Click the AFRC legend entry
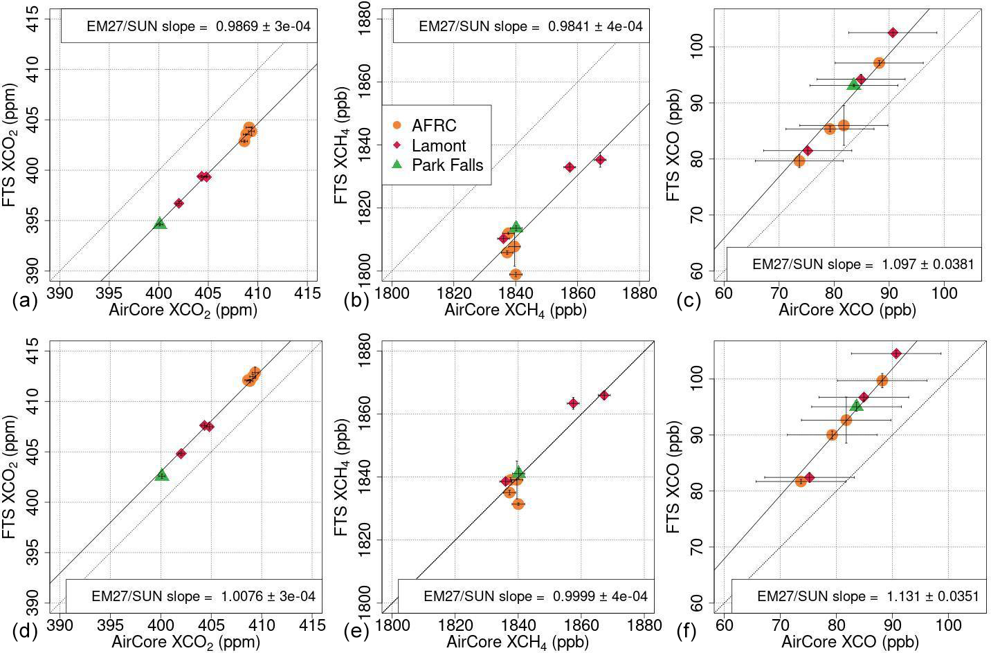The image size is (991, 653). tap(433, 126)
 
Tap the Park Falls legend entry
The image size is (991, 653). tap(446, 165)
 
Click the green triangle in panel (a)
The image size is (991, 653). tap(160, 223)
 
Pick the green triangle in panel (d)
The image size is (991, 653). tap(162, 475)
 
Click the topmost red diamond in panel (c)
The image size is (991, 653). tap(893, 33)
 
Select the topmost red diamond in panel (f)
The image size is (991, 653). tap(896, 353)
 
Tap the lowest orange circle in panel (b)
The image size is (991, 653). tap(516, 274)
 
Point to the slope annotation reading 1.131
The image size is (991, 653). tap(868, 596)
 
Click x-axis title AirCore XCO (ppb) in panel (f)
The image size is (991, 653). tap(850, 643)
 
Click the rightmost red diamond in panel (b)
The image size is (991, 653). tap(600, 160)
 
